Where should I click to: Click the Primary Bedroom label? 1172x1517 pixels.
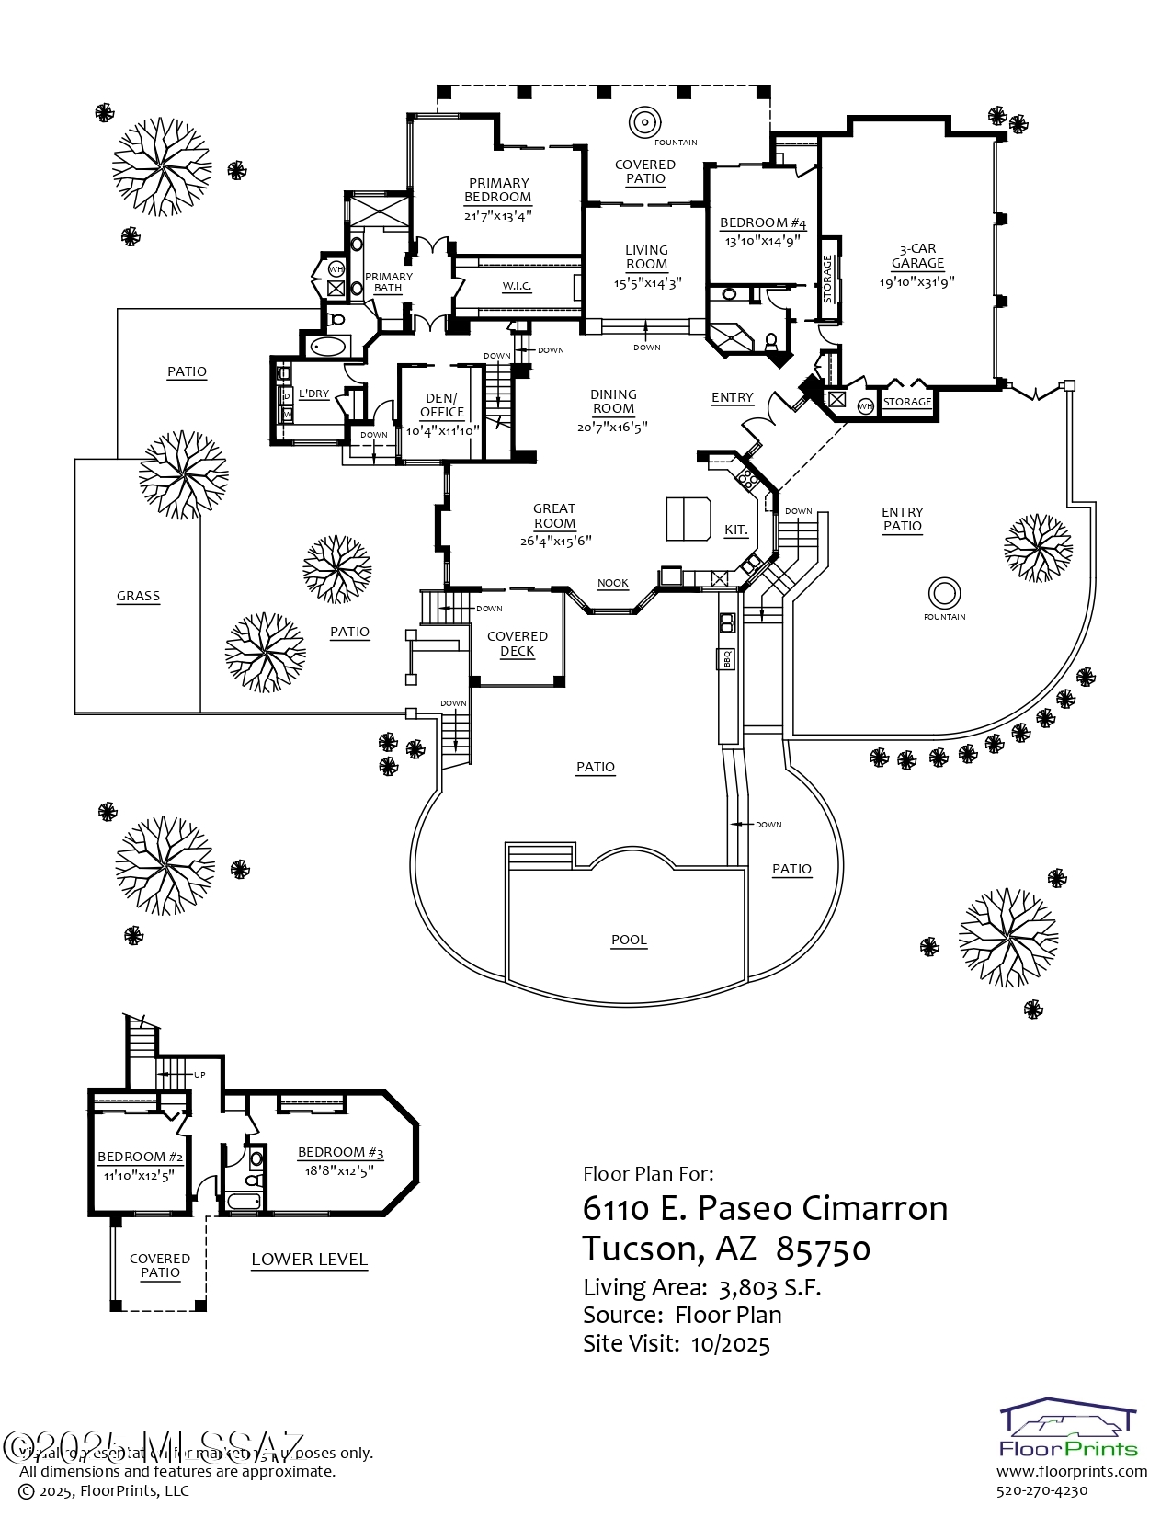[497, 189]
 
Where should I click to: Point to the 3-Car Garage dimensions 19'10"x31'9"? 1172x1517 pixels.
[916, 282]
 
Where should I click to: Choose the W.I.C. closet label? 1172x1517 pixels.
[517, 286]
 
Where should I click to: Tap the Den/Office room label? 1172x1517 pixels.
[442, 405]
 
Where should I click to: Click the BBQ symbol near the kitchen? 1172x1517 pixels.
[726, 658]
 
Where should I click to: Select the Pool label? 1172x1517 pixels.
[629, 940]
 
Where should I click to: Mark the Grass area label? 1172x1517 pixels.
[138, 596]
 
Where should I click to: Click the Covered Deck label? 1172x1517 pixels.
[517, 644]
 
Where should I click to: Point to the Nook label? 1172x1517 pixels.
[613, 583]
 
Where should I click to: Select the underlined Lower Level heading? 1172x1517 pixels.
[309, 1260]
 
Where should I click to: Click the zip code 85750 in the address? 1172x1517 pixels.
[823, 1249]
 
